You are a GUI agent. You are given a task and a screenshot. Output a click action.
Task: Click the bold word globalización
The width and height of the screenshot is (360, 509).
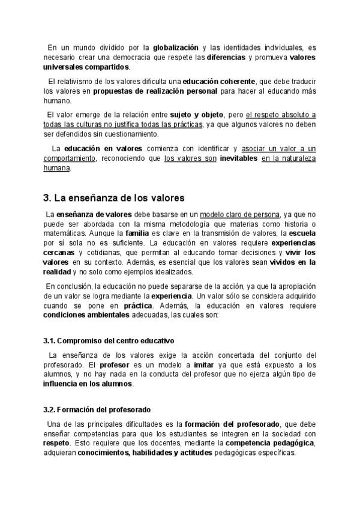tap(175, 47)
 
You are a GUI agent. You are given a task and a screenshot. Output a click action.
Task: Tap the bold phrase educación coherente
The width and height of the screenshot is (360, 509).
tap(218, 81)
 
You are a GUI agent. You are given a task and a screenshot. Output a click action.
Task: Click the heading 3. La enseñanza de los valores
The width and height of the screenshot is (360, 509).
tap(114, 197)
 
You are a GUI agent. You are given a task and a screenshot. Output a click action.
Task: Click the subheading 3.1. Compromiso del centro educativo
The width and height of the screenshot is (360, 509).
tap(116, 340)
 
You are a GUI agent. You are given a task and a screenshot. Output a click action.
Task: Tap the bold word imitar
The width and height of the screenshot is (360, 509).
tap(204, 364)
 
